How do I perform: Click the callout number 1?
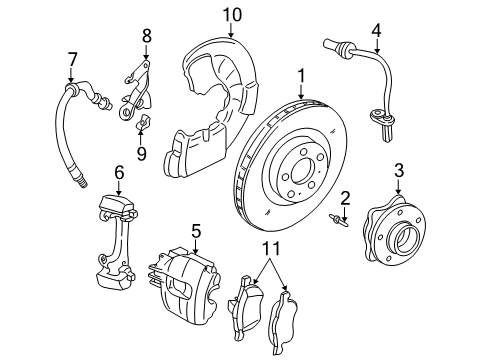point(301,75)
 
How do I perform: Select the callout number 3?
point(398,169)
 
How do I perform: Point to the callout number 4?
point(376,29)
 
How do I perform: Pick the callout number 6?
point(119,173)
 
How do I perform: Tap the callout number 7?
point(71,59)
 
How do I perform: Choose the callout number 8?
point(146,35)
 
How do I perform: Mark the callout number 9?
point(141,153)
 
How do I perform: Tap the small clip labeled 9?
point(142,126)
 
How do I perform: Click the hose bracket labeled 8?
point(138,84)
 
